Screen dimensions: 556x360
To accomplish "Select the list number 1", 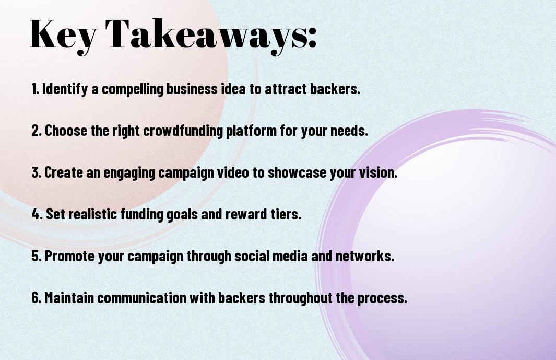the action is tap(35, 89).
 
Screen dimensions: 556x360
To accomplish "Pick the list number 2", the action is tap(36, 131).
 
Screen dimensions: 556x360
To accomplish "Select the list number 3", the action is tap(36, 172).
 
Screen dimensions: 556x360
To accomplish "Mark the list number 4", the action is tap(37, 214).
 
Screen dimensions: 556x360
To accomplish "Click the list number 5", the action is tap(37, 256).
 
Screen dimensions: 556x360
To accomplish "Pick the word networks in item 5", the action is tap(365, 256).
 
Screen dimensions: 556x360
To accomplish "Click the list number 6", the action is tap(36, 297).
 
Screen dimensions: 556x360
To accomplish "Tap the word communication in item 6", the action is tap(141, 297).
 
